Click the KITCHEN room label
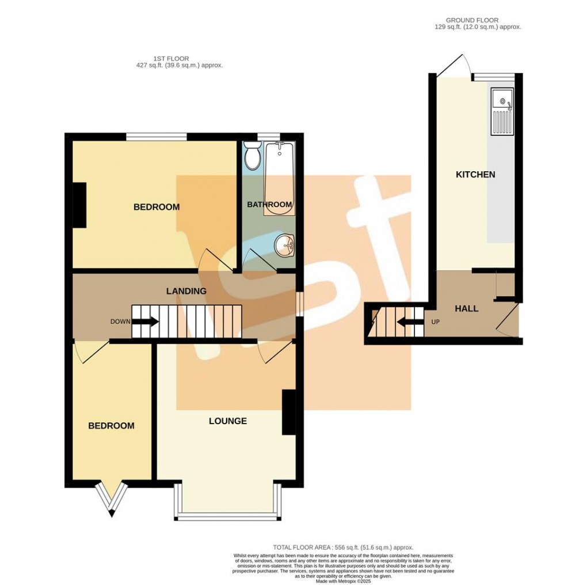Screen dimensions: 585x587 475,174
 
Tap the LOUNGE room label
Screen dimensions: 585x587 228,421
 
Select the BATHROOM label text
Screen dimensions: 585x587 269,205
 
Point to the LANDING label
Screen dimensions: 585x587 186,291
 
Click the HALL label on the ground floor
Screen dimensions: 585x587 466,308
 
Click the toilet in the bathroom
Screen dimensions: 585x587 251,154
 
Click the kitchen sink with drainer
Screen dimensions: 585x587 501,112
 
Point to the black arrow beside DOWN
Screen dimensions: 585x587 146,322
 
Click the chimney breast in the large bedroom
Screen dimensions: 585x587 79,205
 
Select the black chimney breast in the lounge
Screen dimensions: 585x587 288,412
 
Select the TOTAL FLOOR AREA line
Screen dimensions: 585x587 343,548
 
